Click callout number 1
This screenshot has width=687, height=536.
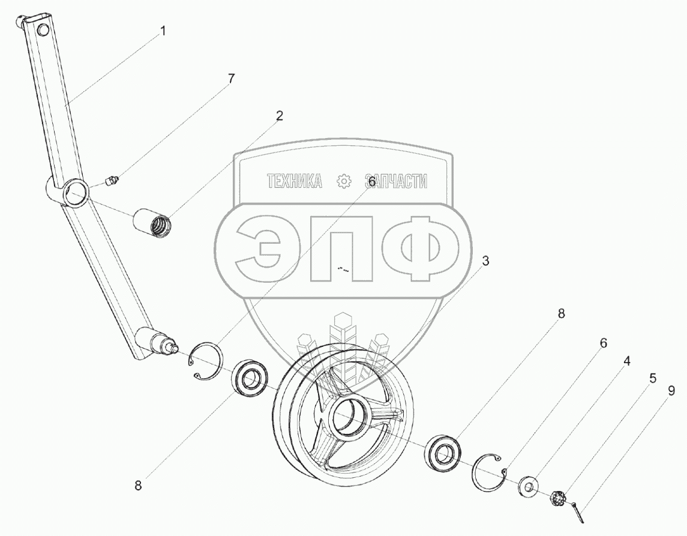163,31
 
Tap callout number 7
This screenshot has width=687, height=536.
231,79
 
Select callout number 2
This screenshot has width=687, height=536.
279,116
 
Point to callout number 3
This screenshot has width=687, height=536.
485,260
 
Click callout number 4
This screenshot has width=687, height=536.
627,361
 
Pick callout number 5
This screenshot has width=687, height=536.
653,378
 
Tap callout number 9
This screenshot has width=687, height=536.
671,391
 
